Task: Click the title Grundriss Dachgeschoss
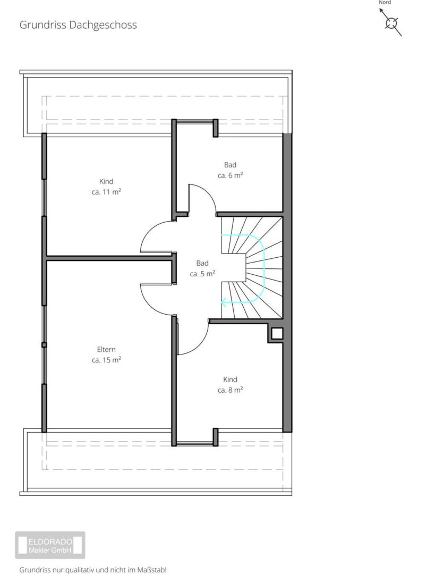(x=78, y=25)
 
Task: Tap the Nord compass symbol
(x=391, y=23)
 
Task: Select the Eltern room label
(x=106, y=349)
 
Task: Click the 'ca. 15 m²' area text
(x=106, y=360)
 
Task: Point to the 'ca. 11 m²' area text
(x=106, y=192)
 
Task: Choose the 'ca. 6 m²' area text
(x=230, y=175)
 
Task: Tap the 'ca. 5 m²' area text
(x=202, y=274)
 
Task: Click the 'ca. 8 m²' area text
(x=230, y=390)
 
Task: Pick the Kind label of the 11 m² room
(x=106, y=181)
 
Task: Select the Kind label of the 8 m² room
(x=230, y=379)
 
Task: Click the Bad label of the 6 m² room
(x=230, y=165)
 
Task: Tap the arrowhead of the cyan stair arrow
(x=224, y=302)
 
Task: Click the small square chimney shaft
(x=277, y=333)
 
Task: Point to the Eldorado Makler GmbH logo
(x=50, y=545)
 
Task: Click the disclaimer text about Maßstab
(x=93, y=570)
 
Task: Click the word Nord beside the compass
(x=385, y=2)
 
